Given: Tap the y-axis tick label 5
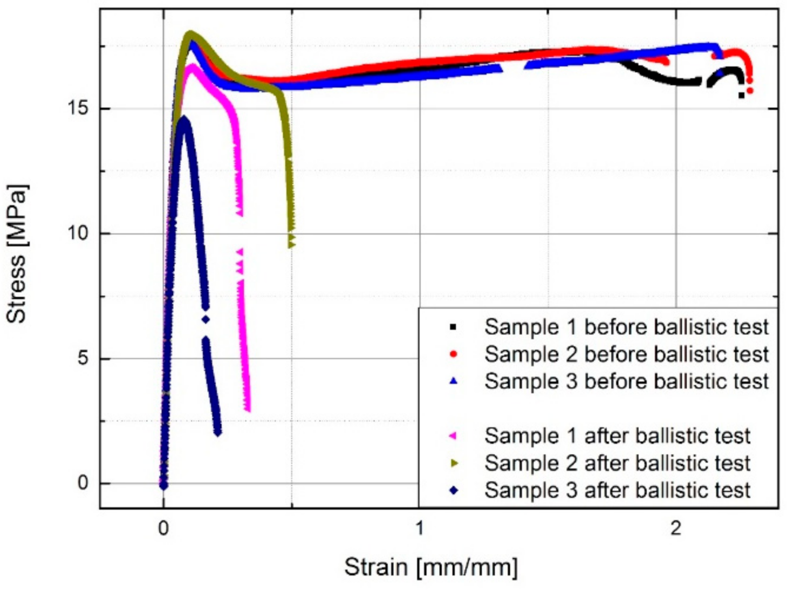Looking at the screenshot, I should tap(83, 358).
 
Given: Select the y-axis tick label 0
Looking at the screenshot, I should tap(83, 483).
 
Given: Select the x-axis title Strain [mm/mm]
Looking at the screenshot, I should tap(430, 567).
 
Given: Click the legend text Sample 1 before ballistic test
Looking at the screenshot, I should tap(626, 327).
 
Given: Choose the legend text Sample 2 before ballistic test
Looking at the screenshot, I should tap(626, 354).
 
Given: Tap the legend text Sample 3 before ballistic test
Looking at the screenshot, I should tap(626, 381).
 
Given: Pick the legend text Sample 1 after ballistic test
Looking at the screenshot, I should tap(617, 436).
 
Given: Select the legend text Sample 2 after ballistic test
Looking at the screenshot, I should tap(617, 463).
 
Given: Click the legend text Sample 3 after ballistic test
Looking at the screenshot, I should tap(617, 490).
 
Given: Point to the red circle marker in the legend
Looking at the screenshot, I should tap(453, 354).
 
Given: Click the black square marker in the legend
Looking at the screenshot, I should tap(453, 327).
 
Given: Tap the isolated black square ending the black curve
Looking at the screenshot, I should tap(742, 95).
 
